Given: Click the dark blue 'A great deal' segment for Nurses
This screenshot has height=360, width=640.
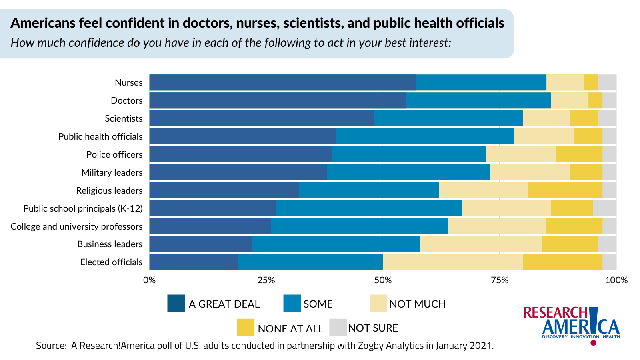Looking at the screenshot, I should click(x=282, y=82).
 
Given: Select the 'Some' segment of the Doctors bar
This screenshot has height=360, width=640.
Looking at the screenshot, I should click(x=478, y=100).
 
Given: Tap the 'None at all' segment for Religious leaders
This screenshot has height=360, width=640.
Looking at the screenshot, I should click(x=565, y=190).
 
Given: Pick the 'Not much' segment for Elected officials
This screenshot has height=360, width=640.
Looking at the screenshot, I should click(x=453, y=262).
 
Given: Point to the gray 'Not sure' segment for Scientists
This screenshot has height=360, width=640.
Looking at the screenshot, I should click(x=607, y=118).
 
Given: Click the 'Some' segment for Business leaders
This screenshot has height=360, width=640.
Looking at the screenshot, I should click(x=336, y=244).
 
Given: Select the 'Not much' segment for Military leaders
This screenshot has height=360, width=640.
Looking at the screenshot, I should click(x=530, y=172).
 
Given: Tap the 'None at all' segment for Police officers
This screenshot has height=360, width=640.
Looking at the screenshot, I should click(x=579, y=154).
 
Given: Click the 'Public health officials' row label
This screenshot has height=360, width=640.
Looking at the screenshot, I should click(x=100, y=136).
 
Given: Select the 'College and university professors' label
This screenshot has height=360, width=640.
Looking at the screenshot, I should click(x=76, y=226).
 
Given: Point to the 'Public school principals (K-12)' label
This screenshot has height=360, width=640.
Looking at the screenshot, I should click(x=83, y=208).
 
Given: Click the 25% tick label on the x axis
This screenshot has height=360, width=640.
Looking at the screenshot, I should click(x=266, y=280).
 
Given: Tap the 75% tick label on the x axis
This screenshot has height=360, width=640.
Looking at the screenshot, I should click(x=500, y=280).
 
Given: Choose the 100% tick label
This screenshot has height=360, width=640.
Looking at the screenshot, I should click(x=616, y=280).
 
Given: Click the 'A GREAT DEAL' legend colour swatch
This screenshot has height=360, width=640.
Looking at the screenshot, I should click(x=176, y=304).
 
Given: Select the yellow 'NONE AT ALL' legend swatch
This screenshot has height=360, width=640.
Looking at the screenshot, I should click(x=246, y=328).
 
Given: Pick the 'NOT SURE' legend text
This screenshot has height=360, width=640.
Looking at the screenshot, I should click(x=373, y=328).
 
